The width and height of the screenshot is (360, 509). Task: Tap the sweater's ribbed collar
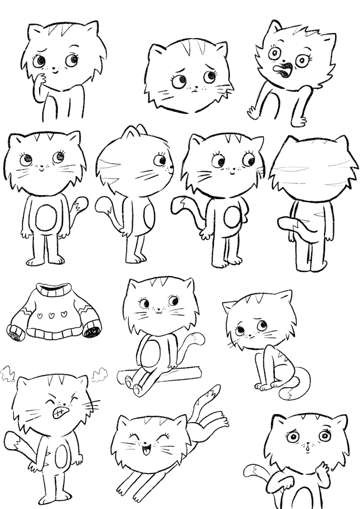(53, 291)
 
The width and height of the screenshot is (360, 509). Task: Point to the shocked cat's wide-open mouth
(284, 69)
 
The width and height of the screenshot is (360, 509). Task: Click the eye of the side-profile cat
(158, 159)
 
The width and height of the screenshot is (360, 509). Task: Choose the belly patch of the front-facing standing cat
(46, 216)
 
